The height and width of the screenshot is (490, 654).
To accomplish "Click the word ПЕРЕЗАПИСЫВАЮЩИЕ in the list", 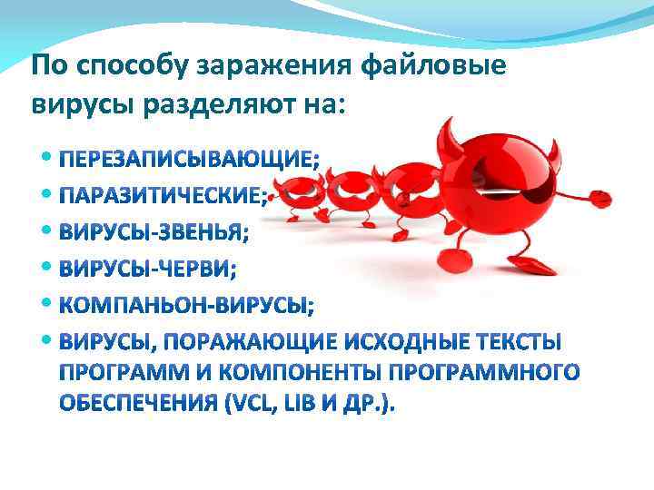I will click(187, 162).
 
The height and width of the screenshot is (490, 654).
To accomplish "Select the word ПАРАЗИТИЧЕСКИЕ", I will click(163, 197).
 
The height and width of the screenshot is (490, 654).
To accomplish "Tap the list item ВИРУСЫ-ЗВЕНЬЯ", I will click(152, 233).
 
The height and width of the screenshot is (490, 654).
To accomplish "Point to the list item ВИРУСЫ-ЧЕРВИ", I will click(144, 269).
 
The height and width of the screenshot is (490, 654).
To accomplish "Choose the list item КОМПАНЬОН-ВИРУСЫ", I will click(185, 306).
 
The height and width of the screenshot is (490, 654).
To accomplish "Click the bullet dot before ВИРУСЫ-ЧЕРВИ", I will click(48, 269).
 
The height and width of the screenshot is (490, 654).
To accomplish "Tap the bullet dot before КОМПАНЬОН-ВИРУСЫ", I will click(48, 305).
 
